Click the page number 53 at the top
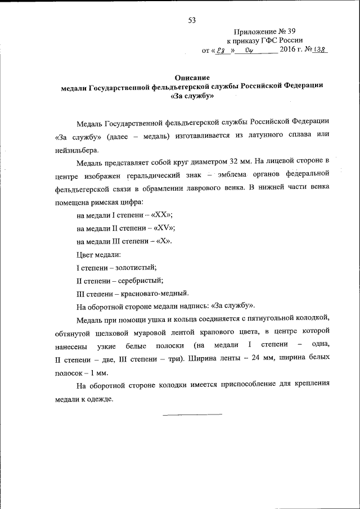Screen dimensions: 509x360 [x=192, y=21]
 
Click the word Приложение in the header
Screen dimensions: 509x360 [x=255, y=31]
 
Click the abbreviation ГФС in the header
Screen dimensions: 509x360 [x=272, y=41]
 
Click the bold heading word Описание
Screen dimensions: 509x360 [x=192, y=78]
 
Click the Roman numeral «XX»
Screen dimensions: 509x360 [x=161, y=215]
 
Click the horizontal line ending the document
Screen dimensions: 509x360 [x=192, y=415]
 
